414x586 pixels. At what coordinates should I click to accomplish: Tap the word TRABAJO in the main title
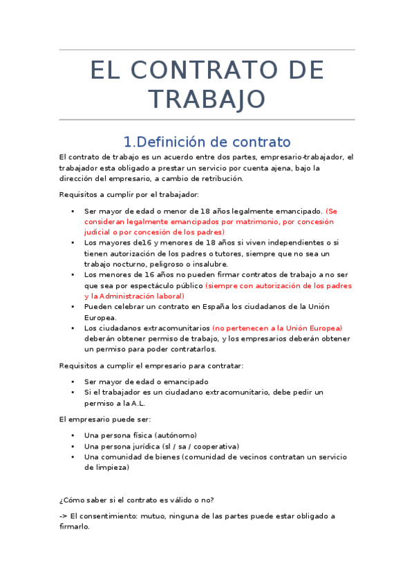pyautogui.click(x=207, y=99)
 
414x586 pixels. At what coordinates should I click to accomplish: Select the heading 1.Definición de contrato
pyautogui.click(x=207, y=142)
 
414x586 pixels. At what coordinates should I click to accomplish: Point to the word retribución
pyautogui.click(x=216, y=178)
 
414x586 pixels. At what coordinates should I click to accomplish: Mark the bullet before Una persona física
pyautogui.click(x=73, y=435)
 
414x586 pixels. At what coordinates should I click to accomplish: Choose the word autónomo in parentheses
pyautogui.click(x=176, y=435)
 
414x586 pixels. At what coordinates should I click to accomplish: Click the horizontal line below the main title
pyautogui.click(x=207, y=120)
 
